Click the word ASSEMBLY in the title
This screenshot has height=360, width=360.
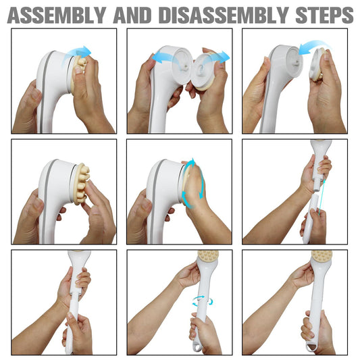click(x=57, y=16)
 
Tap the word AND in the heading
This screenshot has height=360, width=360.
click(x=132, y=16)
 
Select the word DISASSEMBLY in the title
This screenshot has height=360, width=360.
click(x=224, y=16)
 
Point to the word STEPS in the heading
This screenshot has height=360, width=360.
click(x=324, y=16)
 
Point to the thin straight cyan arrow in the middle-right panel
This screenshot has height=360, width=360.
click(x=322, y=197)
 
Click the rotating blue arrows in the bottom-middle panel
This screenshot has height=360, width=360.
click(x=203, y=301)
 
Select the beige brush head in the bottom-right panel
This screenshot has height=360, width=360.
click(x=322, y=255)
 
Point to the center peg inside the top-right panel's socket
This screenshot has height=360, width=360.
click(x=297, y=63)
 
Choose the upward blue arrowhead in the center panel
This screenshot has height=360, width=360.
click(x=191, y=163)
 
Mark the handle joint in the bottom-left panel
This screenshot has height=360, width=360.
click(x=76, y=294)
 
